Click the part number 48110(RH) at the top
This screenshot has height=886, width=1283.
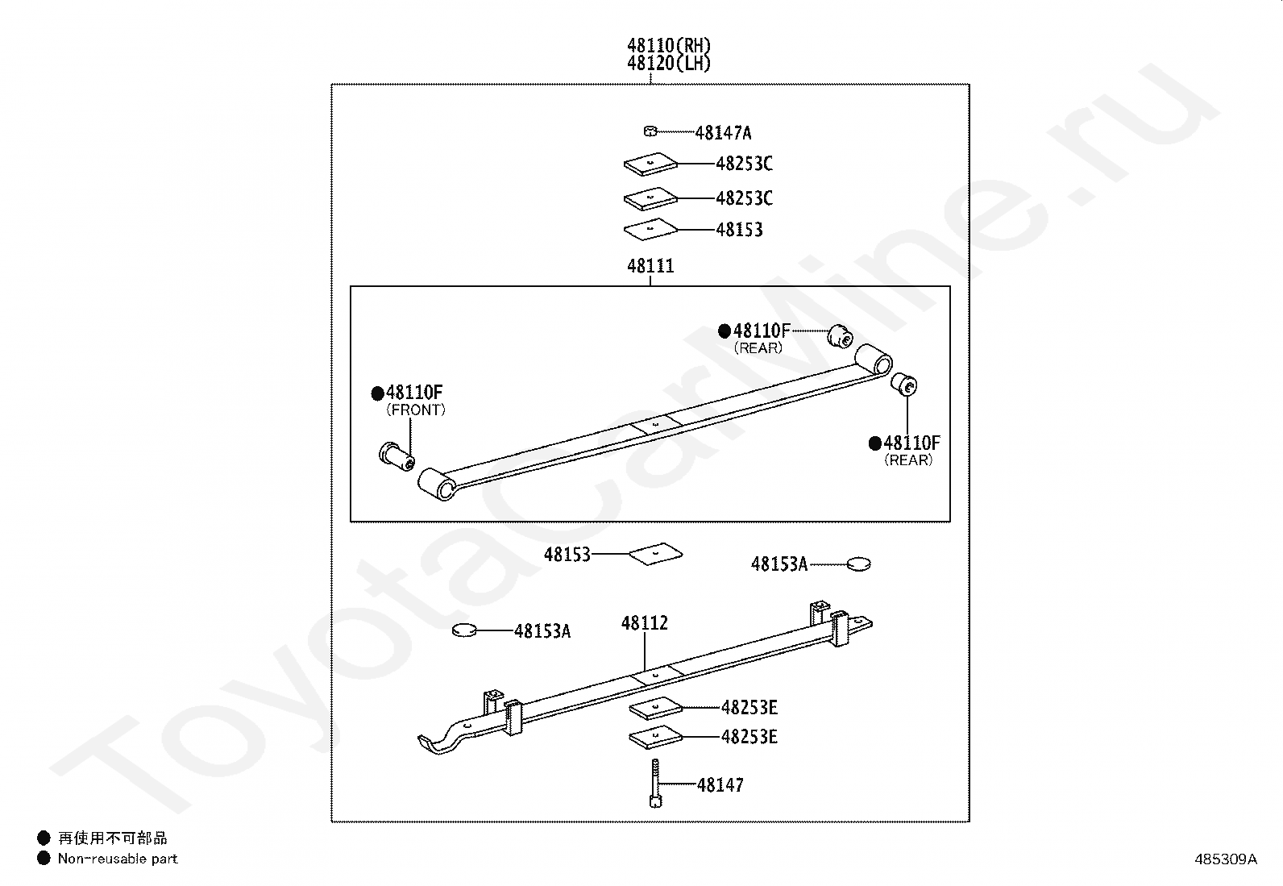pyautogui.click(x=669, y=45)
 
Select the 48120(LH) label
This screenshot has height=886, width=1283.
pyautogui.click(x=669, y=64)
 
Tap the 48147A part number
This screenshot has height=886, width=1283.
pyautogui.click(x=723, y=133)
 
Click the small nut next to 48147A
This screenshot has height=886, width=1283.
pyautogui.click(x=650, y=131)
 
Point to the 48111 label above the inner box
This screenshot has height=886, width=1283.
pyautogui.click(x=650, y=266)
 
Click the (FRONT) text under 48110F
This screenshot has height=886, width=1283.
pyautogui.click(x=415, y=410)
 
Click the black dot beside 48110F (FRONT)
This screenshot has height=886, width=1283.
pyautogui.click(x=377, y=393)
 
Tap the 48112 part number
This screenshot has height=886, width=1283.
pyautogui.click(x=644, y=623)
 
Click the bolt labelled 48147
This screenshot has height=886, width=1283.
pyautogui.click(x=654, y=781)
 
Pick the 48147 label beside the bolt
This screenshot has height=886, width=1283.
pyautogui.click(x=720, y=784)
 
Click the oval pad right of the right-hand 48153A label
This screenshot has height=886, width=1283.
pyautogui.click(x=859, y=564)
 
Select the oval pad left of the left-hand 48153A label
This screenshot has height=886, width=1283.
pyautogui.click(x=465, y=630)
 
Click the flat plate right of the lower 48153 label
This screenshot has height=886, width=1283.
pyautogui.click(x=656, y=553)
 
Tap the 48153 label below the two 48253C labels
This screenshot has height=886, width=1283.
pyautogui.click(x=739, y=230)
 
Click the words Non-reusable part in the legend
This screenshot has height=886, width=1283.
pyautogui.click(x=118, y=859)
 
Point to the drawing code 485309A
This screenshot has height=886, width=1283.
pyautogui.click(x=1225, y=859)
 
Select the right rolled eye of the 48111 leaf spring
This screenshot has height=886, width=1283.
pyautogui.click(x=874, y=358)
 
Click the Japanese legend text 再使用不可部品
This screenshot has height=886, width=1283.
pyautogui.click(x=112, y=838)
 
